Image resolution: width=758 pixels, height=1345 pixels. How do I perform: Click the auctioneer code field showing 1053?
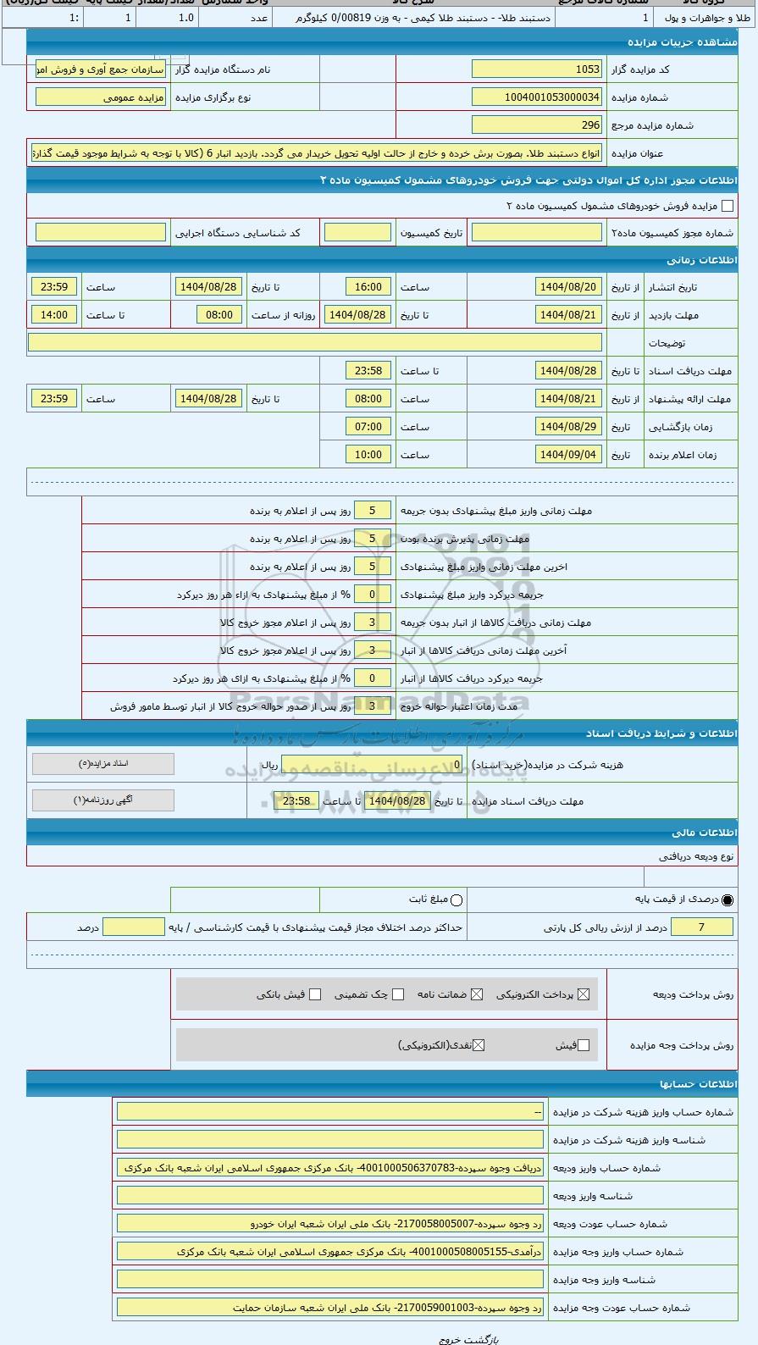coord(536,69)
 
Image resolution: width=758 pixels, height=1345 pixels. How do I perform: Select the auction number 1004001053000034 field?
coord(536,97)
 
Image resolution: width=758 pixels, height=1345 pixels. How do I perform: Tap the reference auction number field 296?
coord(536,125)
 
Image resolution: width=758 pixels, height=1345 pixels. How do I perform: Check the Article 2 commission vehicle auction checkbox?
coord(727,206)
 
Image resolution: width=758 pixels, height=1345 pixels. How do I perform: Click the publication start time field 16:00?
coord(368,287)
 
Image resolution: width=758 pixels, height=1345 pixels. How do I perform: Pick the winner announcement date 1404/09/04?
coord(568,455)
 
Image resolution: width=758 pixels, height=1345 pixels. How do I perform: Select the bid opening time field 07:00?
coord(368,427)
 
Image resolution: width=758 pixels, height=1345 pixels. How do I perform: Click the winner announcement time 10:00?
coord(368,455)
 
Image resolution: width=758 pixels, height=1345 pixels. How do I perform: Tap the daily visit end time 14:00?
coord(54,315)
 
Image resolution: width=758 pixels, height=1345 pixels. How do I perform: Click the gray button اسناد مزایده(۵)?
coord(103,764)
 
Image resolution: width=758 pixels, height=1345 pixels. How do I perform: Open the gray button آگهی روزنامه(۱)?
coord(103,800)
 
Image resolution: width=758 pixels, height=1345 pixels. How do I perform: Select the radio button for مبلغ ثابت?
coord(456,899)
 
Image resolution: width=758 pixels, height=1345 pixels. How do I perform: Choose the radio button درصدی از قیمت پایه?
coord(728,899)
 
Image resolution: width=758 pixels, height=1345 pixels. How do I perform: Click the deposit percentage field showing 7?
coord(701,927)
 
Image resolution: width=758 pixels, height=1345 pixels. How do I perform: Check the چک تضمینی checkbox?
coord(398,994)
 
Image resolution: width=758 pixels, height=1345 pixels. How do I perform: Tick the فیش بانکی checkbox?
coord(315,994)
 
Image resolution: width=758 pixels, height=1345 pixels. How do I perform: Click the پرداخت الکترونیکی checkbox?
coord(584,994)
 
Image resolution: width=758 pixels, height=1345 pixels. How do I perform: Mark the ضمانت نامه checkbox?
coord(477,994)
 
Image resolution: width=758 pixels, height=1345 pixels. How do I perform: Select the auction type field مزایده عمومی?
coord(101,97)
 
